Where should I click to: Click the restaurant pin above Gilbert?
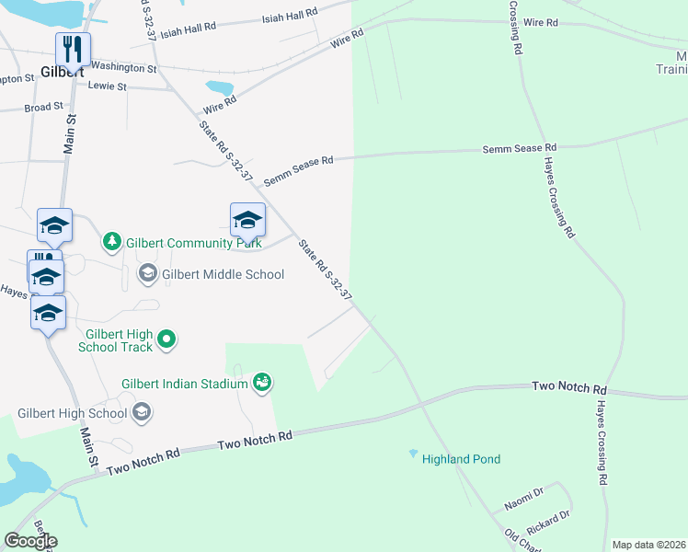73,48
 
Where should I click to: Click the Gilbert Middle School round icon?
147,273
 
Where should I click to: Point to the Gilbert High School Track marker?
166,340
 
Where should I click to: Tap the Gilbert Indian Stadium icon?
262,383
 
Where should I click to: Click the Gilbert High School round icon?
142,413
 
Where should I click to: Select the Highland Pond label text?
461,459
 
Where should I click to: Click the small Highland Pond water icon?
413,454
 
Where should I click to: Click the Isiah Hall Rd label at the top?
290,17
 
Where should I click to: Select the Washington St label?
123,67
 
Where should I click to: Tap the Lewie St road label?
107,86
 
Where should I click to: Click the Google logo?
30,541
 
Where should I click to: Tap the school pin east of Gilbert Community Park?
247,221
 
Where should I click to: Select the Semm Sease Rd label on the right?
522,147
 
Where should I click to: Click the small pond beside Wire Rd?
219,88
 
